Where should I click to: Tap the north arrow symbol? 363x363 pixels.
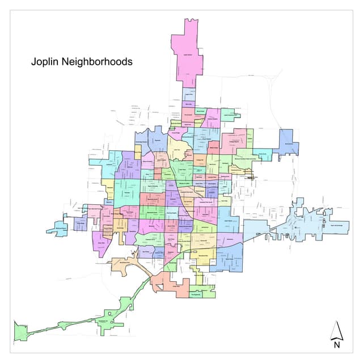336,329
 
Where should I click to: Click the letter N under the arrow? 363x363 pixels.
336,344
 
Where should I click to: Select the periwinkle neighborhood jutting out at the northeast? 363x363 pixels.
287,142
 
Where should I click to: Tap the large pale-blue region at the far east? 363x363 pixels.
306,221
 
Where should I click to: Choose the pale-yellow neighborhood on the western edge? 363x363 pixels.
108,188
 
